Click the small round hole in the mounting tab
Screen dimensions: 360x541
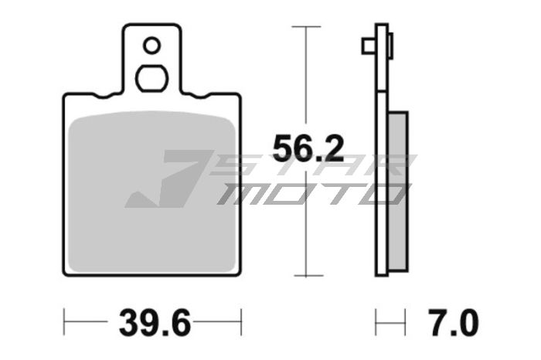click(152, 46)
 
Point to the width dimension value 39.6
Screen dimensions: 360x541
click(154, 321)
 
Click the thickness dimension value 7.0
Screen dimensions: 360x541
click(453, 321)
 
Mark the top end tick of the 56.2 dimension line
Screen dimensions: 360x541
click(307, 27)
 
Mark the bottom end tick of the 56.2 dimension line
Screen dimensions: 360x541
click(307, 276)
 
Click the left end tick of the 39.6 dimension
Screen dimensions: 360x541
click(65, 319)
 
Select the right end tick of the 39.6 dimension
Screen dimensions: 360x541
click(242, 319)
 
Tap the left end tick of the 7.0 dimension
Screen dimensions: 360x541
click(376, 319)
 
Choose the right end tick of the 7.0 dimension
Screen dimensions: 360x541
click(404, 319)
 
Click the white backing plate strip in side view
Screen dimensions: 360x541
click(380, 155)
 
